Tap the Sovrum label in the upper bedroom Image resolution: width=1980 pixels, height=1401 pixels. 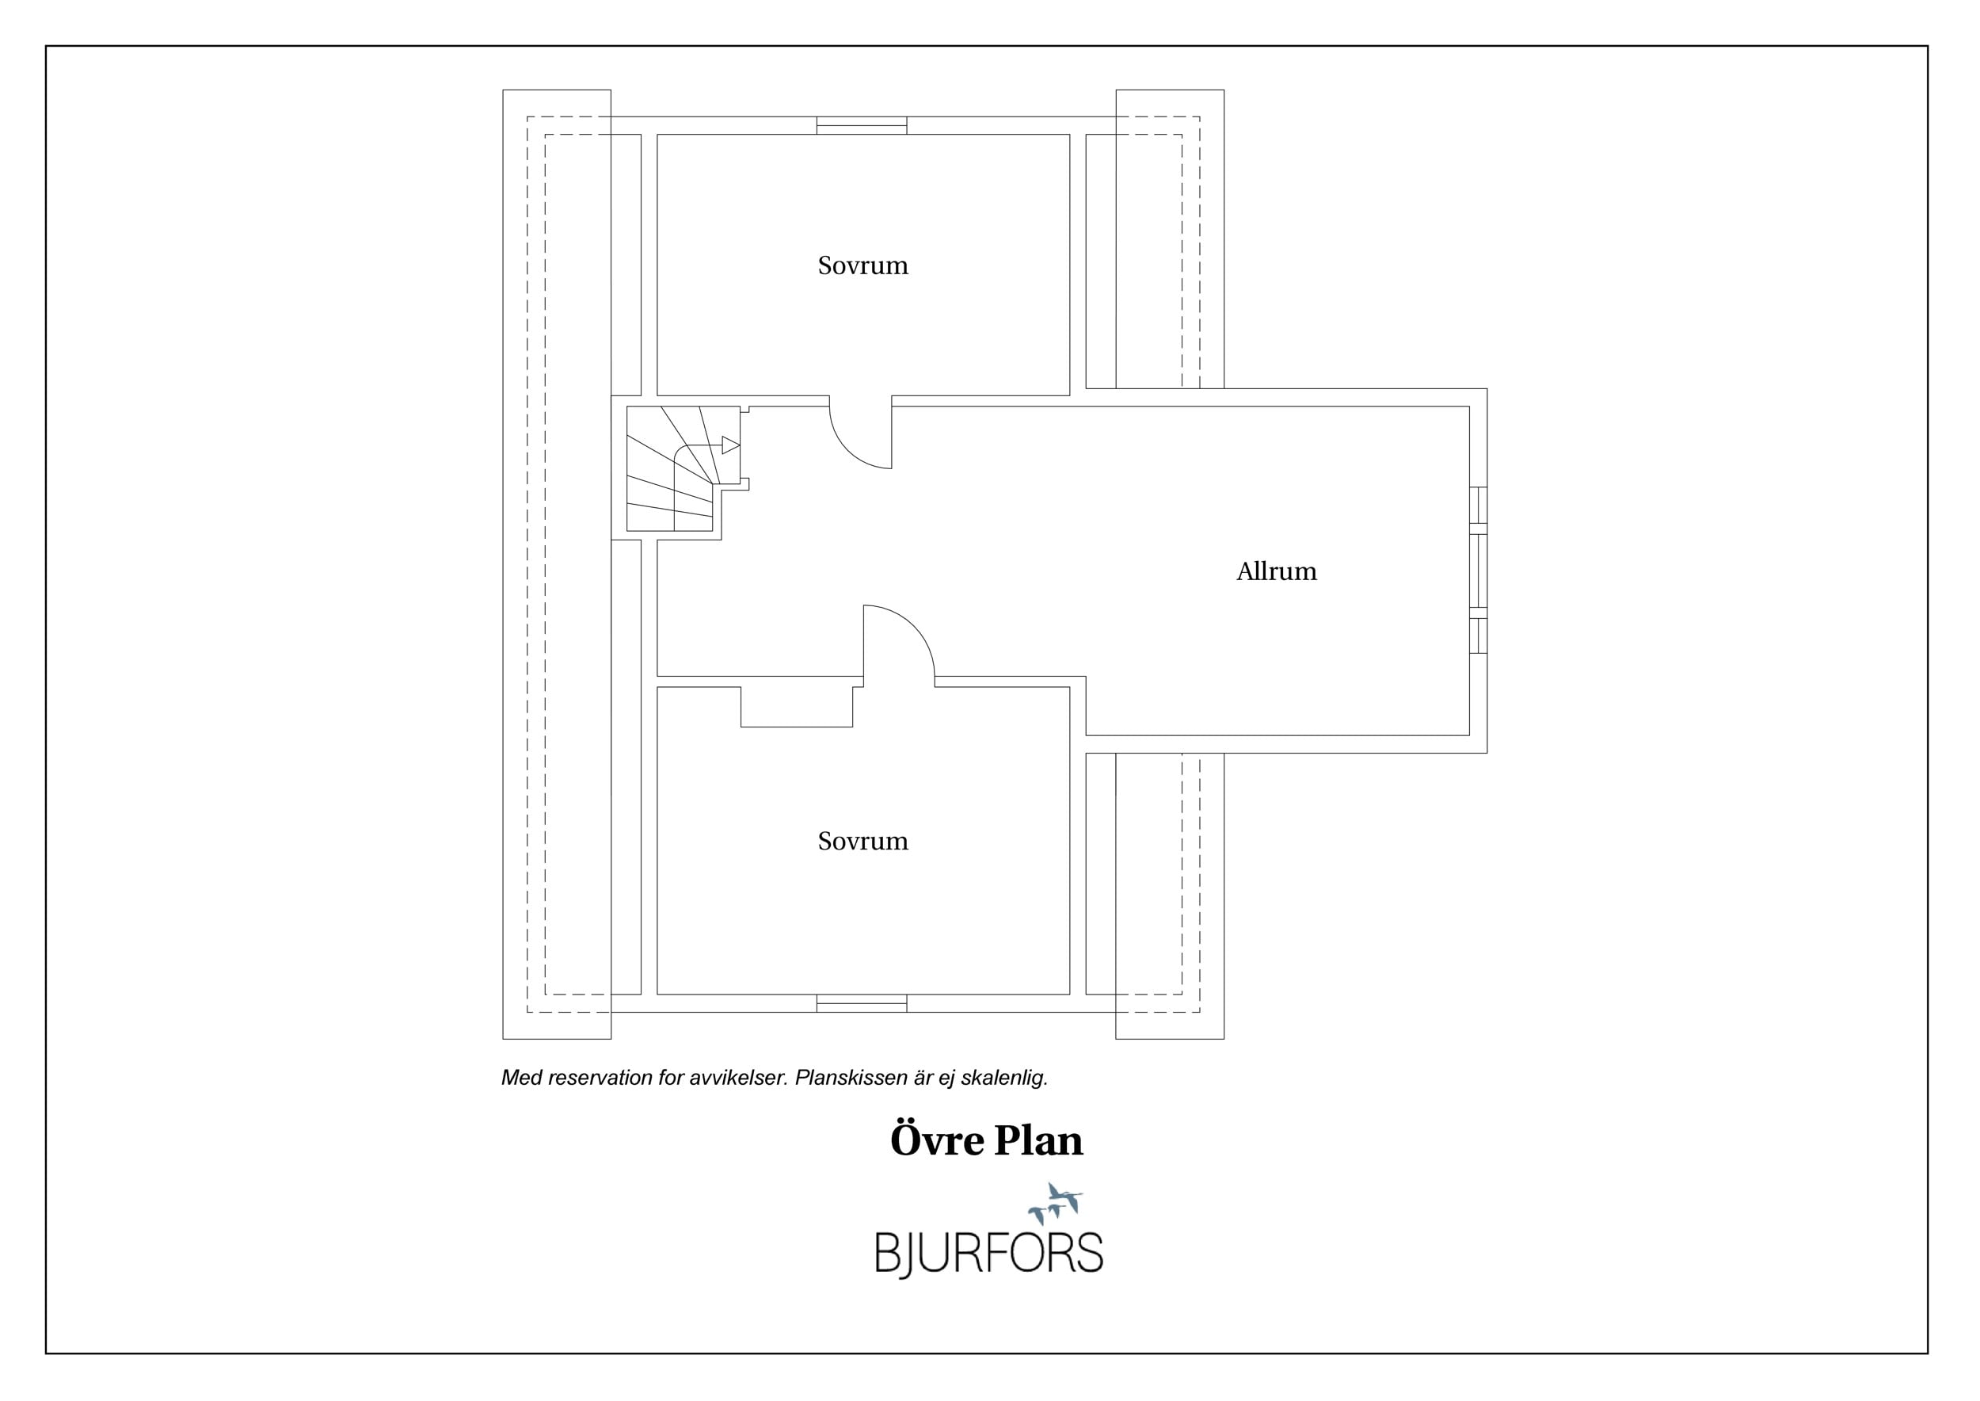click(x=862, y=265)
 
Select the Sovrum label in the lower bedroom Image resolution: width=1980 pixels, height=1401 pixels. click(x=862, y=840)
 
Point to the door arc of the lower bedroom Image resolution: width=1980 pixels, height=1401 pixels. click(x=914, y=626)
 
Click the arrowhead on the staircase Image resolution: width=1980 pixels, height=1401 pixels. click(x=730, y=445)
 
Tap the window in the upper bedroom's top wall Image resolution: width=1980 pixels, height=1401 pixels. click(x=862, y=125)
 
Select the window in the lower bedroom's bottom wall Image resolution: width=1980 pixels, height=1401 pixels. click(x=862, y=1003)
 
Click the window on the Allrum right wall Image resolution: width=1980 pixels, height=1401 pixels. click(x=1478, y=571)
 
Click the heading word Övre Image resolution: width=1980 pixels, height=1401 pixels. click(x=936, y=1140)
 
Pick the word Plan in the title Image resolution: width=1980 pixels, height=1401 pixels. click(x=1038, y=1140)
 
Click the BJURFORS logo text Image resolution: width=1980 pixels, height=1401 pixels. click(x=989, y=1253)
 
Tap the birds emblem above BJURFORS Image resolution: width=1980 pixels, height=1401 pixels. click(x=1055, y=1204)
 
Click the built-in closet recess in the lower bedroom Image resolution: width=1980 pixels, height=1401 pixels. click(x=797, y=707)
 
